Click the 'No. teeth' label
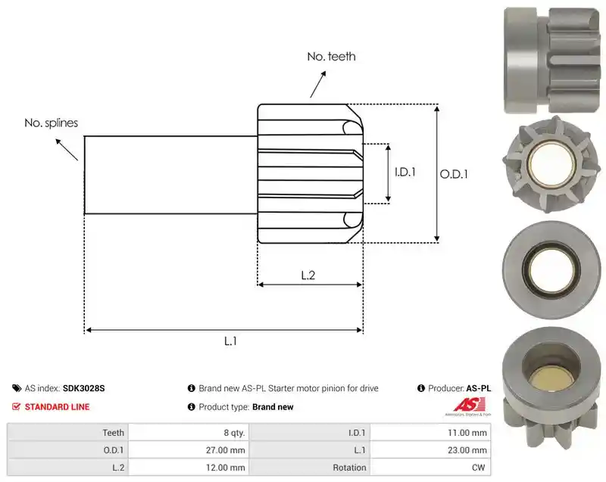[x=331, y=57]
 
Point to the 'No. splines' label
[x=51, y=123]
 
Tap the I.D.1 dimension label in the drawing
[x=405, y=172]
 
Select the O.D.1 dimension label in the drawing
[x=454, y=175]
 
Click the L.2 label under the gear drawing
[x=308, y=275]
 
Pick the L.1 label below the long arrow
[x=230, y=341]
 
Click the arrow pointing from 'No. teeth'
[x=318, y=84]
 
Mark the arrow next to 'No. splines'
[x=67, y=149]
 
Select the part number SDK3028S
[x=84, y=388]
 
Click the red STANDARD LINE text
[x=58, y=407]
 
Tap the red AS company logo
[x=469, y=406]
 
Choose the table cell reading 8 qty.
[x=189, y=433]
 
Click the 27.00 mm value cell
[x=189, y=450]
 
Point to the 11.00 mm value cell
[x=430, y=433]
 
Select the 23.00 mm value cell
[x=430, y=450]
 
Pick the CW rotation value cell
[x=430, y=468]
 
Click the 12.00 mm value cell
[x=189, y=468]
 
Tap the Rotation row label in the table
[x=349, y=468]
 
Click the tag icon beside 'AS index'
[x=17, y=388]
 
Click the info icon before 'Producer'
[x=421, y=388]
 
